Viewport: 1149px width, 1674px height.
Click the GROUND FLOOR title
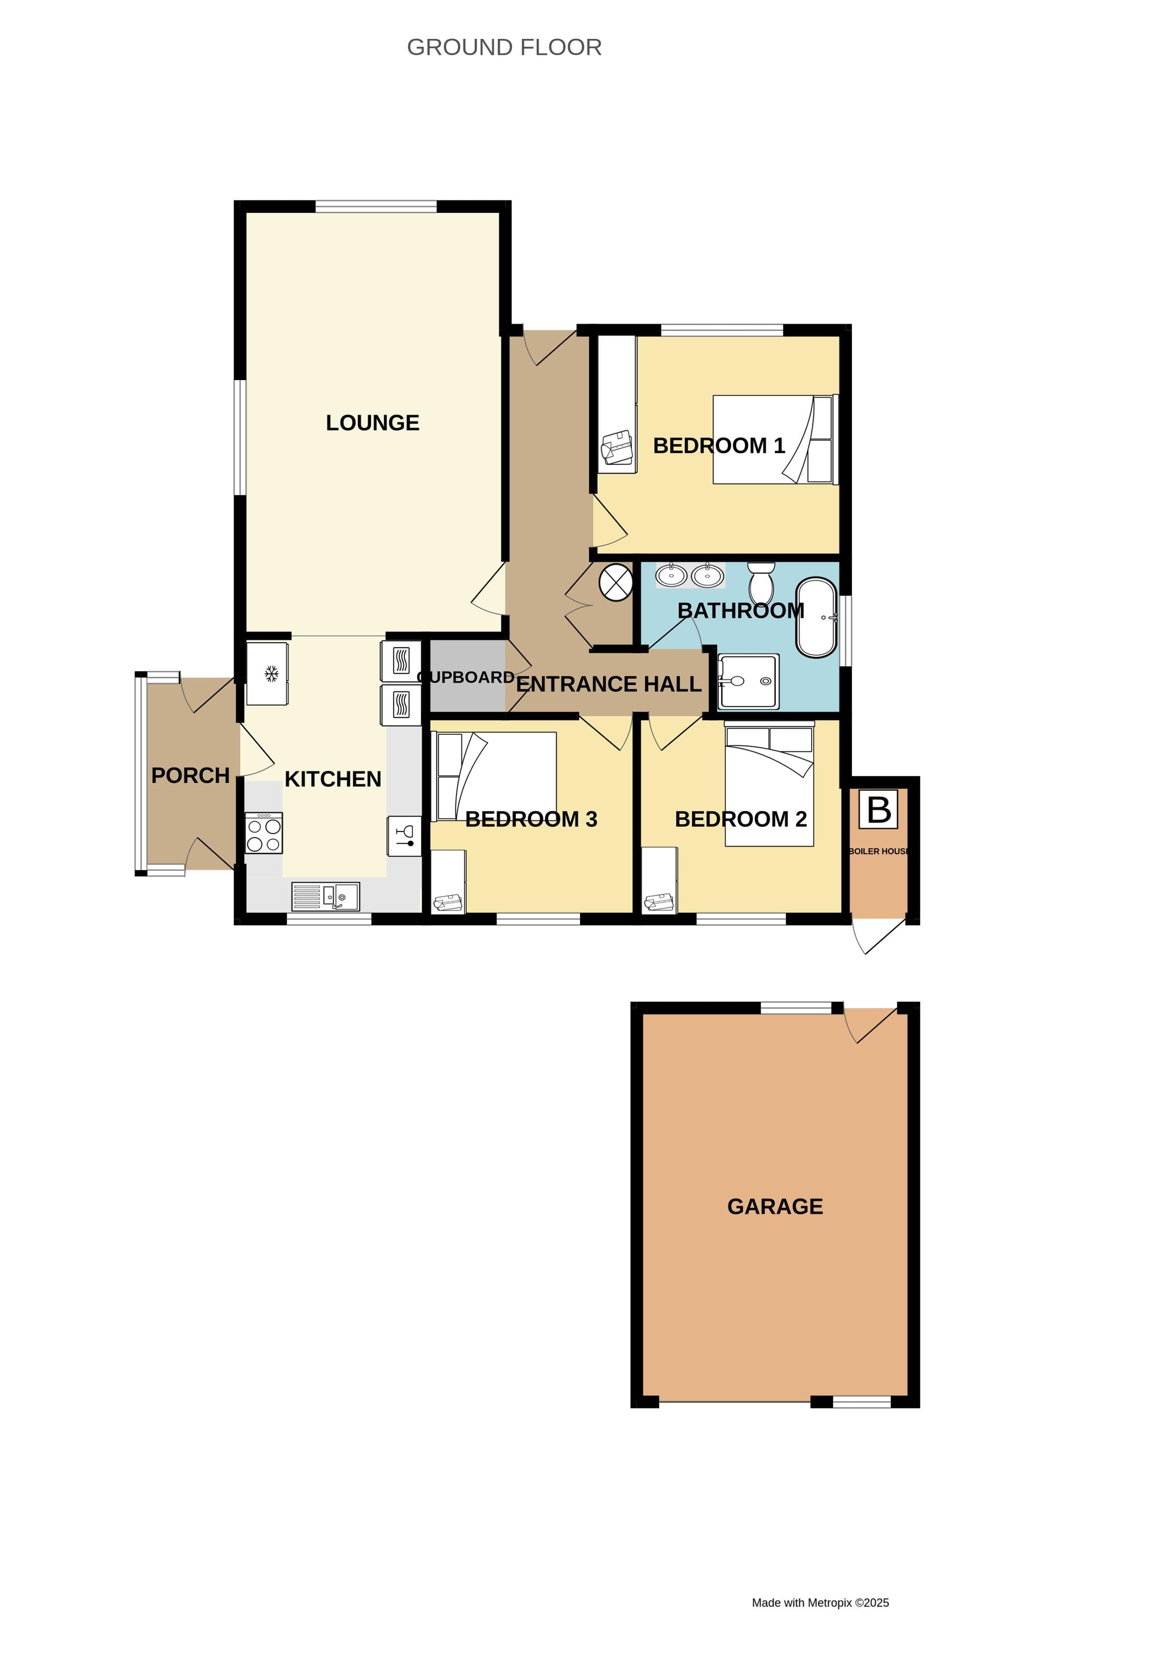coord(504,48)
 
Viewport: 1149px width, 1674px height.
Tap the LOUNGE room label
coord(372,423)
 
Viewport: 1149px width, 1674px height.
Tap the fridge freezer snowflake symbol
coord(271,674)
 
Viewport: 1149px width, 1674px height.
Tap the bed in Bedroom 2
coord(769,785)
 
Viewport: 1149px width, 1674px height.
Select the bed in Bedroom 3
coord(496,776)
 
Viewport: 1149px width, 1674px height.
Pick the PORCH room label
coord(190,776)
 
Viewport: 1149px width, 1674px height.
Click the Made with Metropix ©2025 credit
coord(820,1603)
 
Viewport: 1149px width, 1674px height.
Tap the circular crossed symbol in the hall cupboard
coord(615,582)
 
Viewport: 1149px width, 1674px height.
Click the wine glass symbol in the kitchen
coord(404,836)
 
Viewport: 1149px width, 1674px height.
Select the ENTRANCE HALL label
coord(609,684)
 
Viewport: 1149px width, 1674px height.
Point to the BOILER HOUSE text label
coord(878,851)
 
